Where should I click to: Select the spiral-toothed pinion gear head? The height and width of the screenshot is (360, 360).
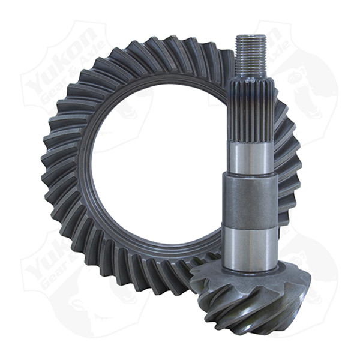pyautogui.click(x=252, y=300)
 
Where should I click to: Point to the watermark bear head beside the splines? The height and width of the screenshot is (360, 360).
pyautogui.click(x=306, y=90)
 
